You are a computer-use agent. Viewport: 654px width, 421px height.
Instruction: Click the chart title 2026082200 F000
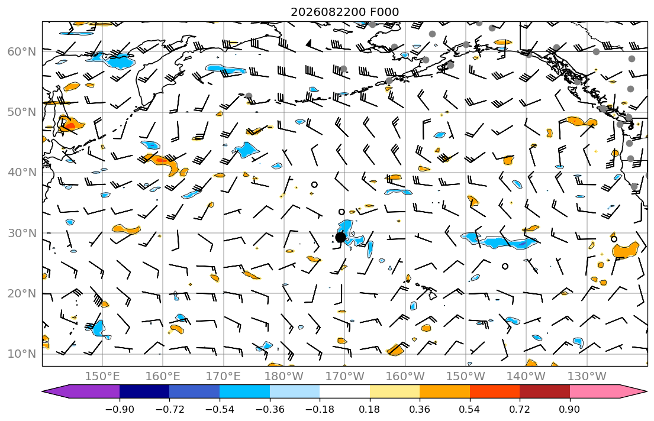[x=344, y=12]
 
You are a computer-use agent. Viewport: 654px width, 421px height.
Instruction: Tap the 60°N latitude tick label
[x=22, y=51]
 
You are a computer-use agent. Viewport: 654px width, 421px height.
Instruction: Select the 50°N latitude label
[x=22, y=112]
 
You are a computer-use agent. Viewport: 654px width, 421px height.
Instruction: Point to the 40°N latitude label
[x=22, y=173]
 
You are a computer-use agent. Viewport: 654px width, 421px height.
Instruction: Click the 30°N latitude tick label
[x=22, y=233]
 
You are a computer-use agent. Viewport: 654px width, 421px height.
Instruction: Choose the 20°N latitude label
[x=22, y=293]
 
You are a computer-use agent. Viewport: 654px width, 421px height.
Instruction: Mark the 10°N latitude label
[x=22, y=354]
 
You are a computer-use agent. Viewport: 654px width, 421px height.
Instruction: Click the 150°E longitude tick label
[x=102, y=377]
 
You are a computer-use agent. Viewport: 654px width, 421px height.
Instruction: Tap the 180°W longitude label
[x=284, y=377]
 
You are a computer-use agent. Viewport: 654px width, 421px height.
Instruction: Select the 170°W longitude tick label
[x=344, y=377]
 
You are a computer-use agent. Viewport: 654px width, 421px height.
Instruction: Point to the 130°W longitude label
[x=587, y=377]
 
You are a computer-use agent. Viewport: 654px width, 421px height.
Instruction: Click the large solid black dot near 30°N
[x=340, y=237]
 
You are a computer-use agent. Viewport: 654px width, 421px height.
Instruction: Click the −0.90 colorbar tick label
[x=120, y=409]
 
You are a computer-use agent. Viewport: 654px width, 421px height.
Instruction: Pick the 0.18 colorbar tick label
[x=369, y=409]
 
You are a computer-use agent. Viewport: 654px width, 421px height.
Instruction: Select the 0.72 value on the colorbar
[x=520, y=409]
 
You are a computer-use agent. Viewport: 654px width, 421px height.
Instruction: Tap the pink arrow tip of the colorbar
[x=646, y=391]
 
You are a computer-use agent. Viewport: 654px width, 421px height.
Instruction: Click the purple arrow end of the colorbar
[x=43, y=391]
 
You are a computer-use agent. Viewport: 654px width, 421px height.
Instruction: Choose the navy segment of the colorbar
[x=144, y=391]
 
